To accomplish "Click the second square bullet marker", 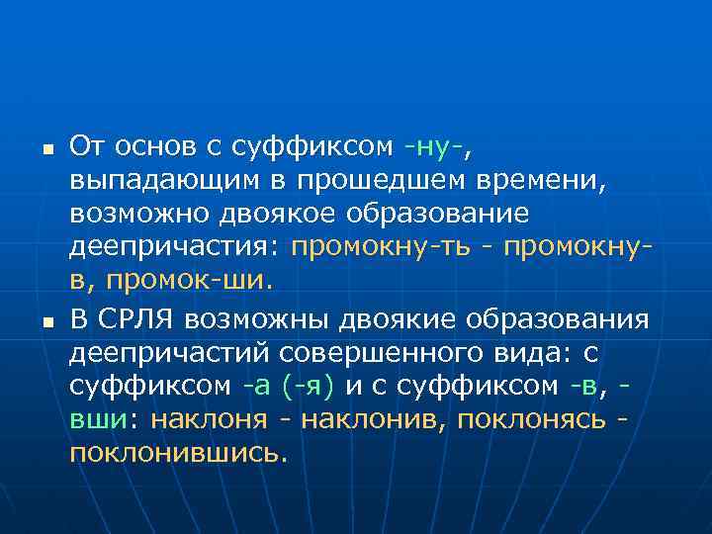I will (46, 321).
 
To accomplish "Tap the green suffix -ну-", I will (434, 148).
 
